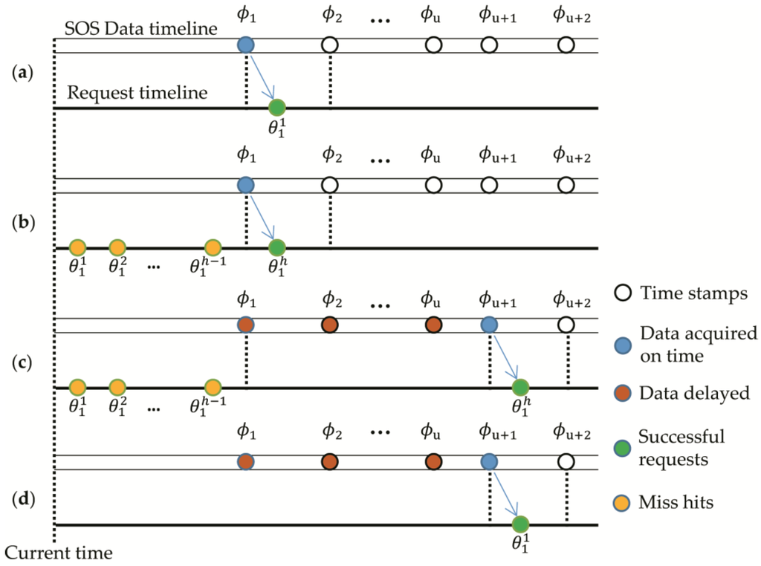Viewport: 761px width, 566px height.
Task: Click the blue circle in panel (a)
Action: [x=245, y=45]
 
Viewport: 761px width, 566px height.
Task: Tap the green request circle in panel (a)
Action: [x=276, y=108]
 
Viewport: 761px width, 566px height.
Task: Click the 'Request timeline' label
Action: [x=137, y=94]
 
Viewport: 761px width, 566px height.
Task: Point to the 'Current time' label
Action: [x=59, y=553]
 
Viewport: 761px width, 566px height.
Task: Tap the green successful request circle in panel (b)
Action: [x=276, y=247]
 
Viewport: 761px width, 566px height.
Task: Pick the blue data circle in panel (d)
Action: [x=488, y=462]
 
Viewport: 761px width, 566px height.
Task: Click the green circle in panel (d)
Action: [x=519, y=525]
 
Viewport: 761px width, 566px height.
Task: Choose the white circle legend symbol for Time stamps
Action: [x=621, y=294]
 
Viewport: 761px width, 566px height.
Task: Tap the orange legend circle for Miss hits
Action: [x=621, y=503]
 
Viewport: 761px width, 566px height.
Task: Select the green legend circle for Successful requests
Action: [x=621, y=448]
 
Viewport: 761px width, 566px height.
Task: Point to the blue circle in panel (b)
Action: [x=245, y=185]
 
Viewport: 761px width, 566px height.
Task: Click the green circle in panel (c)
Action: [x=520, y=387]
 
